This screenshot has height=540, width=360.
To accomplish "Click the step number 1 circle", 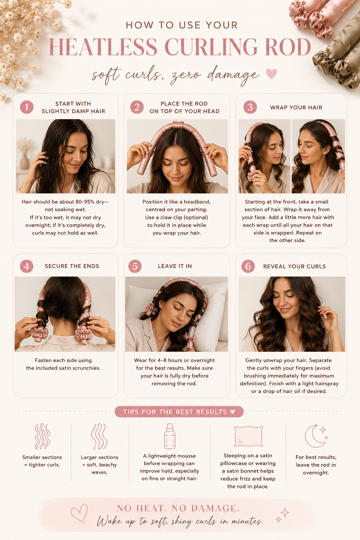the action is (26, 107).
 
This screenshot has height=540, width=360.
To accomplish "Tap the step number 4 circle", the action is (26, 266).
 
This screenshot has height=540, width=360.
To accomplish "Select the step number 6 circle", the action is (248, 266).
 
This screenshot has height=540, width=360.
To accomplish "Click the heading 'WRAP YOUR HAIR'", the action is (296, 108).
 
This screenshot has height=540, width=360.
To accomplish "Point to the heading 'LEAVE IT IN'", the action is (175, 266).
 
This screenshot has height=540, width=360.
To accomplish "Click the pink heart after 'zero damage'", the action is (271, 74).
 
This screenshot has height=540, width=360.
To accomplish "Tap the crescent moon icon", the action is (316, 436).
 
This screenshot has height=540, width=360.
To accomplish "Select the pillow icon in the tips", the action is (248, 436).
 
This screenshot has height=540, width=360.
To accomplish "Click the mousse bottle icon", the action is (170, 436).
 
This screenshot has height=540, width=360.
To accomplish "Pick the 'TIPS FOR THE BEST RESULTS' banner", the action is (179, 412).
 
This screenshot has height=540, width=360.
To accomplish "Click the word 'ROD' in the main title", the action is (288, 47).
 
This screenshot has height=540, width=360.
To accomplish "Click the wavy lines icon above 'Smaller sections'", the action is (42, 436).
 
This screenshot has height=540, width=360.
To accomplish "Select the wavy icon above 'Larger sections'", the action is (99, 436).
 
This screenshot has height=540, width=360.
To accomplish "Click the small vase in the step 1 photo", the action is (25, 161).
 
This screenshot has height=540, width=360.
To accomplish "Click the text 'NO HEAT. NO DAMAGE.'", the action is (179, 508).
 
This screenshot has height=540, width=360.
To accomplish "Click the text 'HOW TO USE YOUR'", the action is (182, 25).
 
